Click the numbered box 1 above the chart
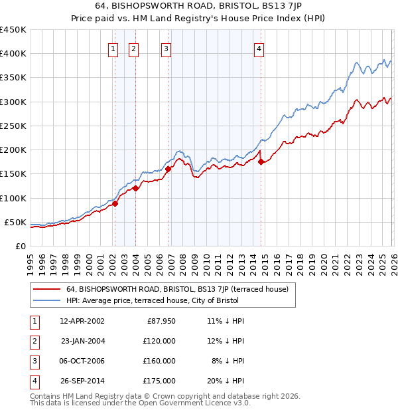(113, 48)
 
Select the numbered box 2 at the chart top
(133, 48)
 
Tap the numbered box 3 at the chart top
(165, 48)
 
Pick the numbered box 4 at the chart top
(259, 48)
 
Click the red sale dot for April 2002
(115, 204)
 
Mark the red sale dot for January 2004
(135, 188)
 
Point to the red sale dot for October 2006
(168, 169)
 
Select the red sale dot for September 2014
(261, 161)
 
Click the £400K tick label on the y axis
(13, 54)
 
